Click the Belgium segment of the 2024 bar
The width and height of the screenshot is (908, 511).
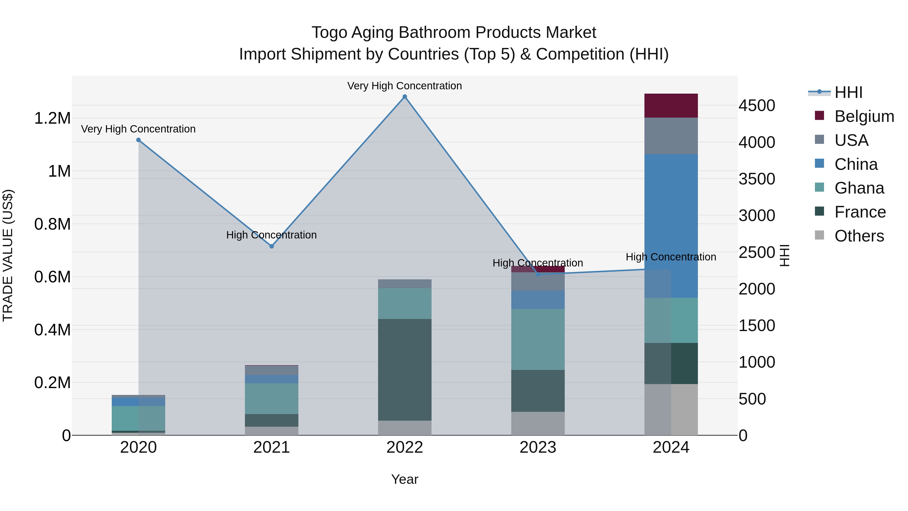coord(671,105)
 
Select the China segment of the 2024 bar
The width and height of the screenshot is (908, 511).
coord(671,226)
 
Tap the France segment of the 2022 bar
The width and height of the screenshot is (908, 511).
coord(405,370)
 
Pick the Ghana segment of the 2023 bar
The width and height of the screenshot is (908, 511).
coord(538,339)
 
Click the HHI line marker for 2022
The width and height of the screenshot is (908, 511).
coord(405,97)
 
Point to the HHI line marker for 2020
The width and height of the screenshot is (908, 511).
coord(138,140)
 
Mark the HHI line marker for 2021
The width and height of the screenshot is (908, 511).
coord(271,246)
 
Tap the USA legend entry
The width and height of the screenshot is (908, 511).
coord(851,140)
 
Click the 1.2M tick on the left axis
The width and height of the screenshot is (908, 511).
coord(52,118)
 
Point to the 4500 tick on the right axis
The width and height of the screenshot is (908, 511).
coord(756,105)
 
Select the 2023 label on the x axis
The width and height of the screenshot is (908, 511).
coord(538,447)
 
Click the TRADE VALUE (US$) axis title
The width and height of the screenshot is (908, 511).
coord(8,255)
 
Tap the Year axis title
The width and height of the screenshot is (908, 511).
coord(405,479)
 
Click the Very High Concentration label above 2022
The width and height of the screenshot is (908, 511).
coord(404,86)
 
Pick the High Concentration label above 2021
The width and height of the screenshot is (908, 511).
coord(271,235)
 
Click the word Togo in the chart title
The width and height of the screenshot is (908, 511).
coord(329,33)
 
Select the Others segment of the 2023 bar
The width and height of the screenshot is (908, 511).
coord(538,423)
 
